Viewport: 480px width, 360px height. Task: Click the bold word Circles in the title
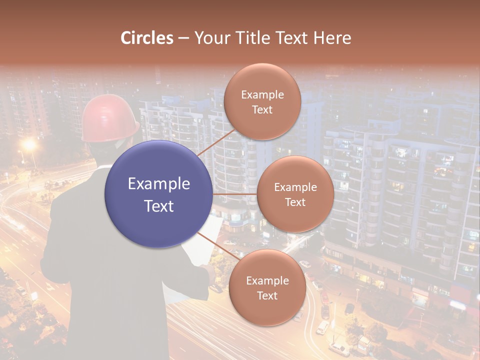point(147,38)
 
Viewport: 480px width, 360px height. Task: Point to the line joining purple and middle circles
point(235,194)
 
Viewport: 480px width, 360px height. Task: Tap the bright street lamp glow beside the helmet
point(29,145)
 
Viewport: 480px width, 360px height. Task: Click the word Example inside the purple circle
point(159,184)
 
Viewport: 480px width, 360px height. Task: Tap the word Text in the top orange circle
point(262,109)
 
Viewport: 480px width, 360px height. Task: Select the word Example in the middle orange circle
point(295,187)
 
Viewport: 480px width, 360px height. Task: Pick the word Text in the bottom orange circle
point(267,296)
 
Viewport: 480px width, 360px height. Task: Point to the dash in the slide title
point(183,38)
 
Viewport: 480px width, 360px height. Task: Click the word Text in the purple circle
point(159,206)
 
